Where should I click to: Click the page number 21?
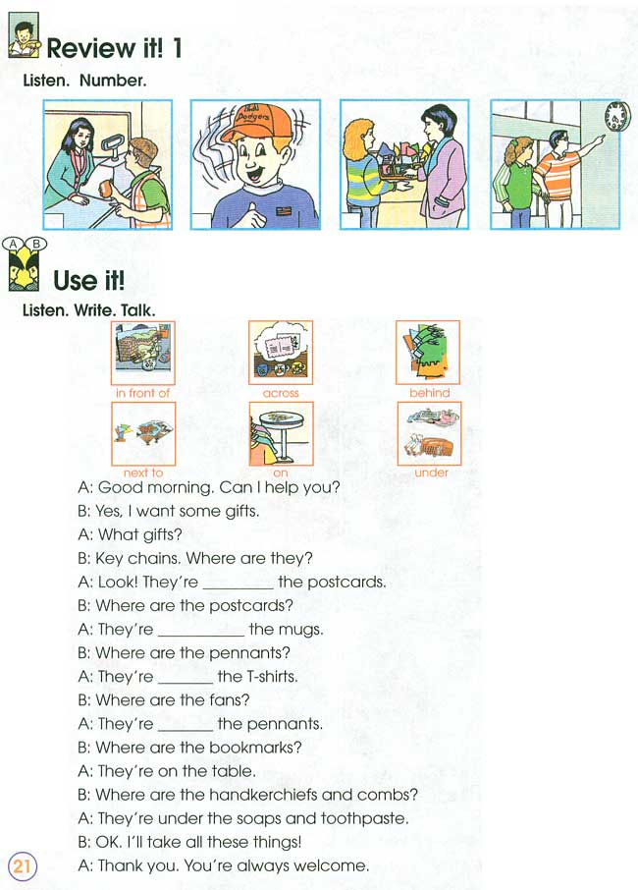coord(22,865)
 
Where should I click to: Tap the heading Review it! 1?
coord(114,48)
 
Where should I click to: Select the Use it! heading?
coord(88,281)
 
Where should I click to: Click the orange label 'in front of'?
coord(142,393)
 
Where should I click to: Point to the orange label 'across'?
coord(281,393)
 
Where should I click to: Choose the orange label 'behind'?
coord(429,393)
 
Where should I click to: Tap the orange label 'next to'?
coord(142,473)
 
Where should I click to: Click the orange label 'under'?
coord(431,473)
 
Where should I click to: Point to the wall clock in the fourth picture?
coord(615,117)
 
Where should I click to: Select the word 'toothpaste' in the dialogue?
coord(366,818)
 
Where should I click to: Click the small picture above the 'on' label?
coord(281,433)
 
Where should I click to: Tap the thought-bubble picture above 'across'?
coord(281,352)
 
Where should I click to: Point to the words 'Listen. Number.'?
coord(84,81)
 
